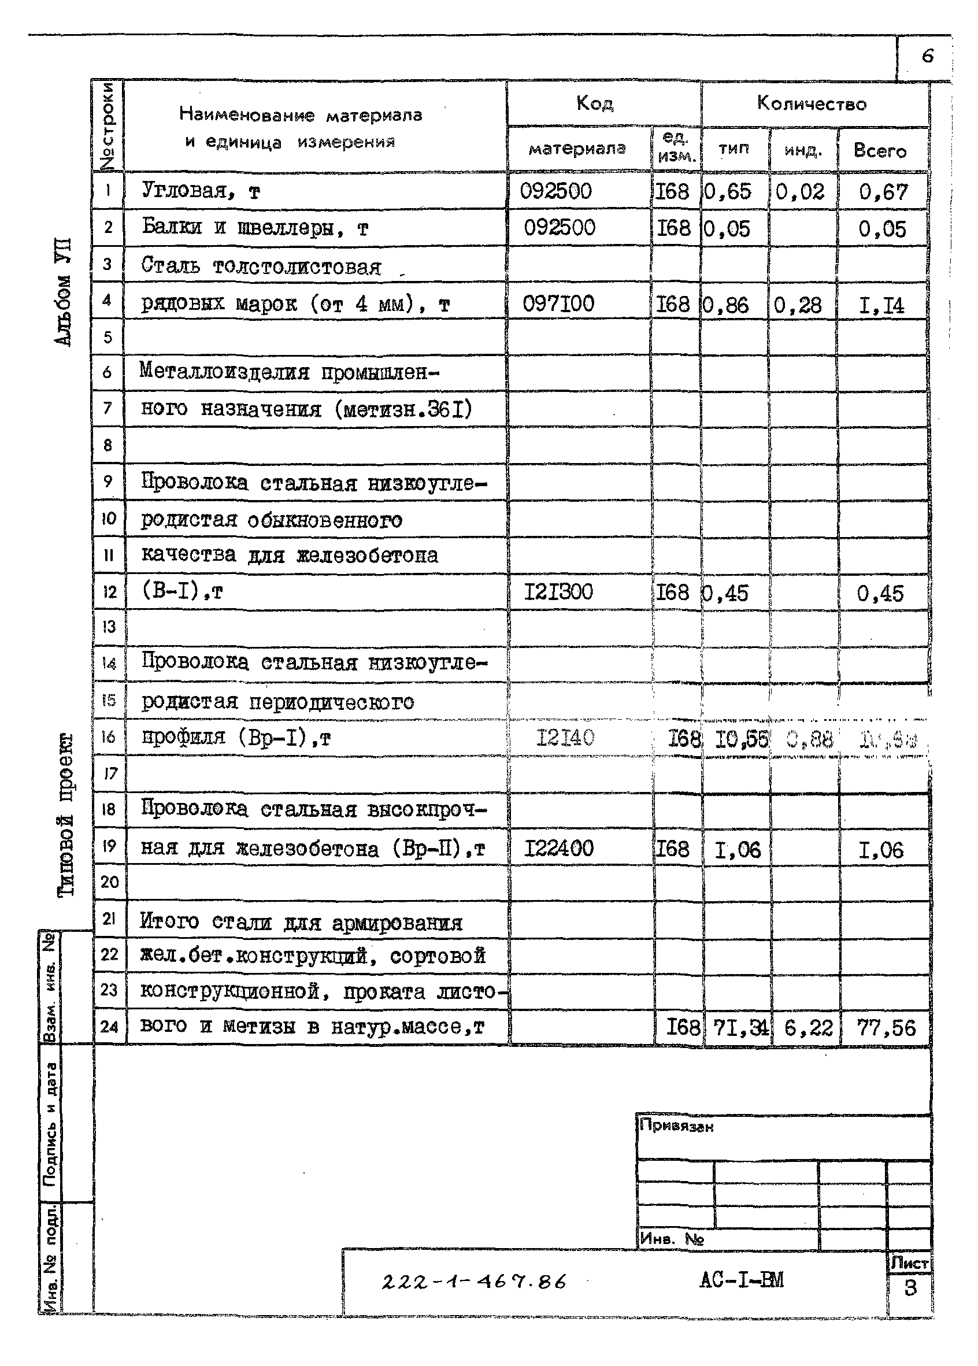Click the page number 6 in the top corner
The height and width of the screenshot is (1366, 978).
click(927, 57)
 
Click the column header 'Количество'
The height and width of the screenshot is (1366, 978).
click(811, 103)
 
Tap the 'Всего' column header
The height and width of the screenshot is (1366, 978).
click(880, 150)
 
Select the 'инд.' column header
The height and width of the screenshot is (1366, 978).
click(803, 150)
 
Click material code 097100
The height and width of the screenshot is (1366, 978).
click(558, 303)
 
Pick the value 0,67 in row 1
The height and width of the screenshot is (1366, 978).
click(882, 192)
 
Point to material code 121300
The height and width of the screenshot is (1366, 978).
click(558, 591)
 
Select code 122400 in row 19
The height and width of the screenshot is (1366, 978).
click(558, 849)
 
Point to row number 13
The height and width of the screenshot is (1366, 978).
click(109, 627)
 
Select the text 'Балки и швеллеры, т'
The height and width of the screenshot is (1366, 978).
click(254, 228)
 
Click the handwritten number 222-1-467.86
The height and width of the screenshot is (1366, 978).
click(474, 1282)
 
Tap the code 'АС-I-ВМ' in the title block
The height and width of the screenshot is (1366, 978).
click(742, 1280)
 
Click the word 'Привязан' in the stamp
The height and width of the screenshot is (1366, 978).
click(676, 1126)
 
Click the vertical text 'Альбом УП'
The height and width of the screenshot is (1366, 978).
click(63, 291)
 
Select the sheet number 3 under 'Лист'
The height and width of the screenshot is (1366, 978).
click(909, 1288)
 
